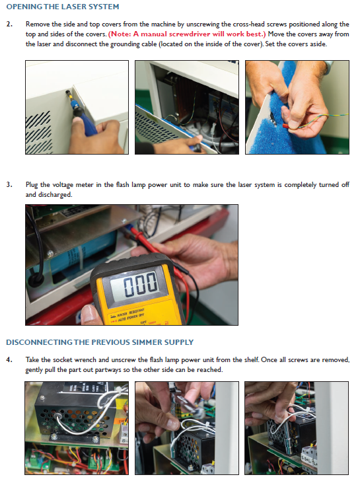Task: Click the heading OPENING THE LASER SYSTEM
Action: click(x=63, y=7)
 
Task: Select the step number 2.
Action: click(x=9, y=24)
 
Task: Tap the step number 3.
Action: click(x=9, y=184)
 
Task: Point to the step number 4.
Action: click(x=9, y=359)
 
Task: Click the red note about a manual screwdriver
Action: click(x=187, y=34)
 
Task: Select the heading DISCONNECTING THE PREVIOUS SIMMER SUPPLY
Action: click(x=100, y=342)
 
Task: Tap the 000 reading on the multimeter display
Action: click(x=141, y=283)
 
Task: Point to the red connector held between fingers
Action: click(x=285, y=126)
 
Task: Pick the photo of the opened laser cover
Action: click(x=187, y=107)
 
